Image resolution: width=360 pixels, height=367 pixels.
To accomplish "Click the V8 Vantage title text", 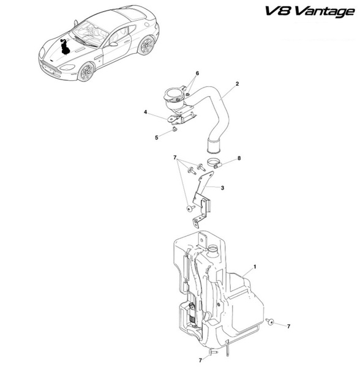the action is (310, 12).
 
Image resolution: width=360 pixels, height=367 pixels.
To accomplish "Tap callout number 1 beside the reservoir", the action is (255, 267).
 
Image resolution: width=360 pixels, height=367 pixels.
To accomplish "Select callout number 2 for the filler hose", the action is (238, 84).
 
